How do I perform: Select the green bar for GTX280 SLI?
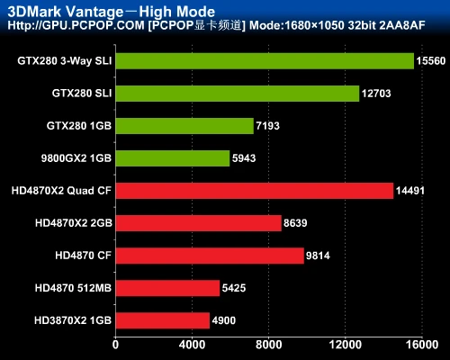(237, 94)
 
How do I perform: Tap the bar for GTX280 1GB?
(184, 126)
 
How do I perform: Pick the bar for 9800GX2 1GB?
(173, 158)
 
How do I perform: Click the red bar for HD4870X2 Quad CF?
(254, 191)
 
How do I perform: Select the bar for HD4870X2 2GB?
(198, 223)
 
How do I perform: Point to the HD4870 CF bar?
(210, 256)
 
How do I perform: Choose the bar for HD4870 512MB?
(167, 288)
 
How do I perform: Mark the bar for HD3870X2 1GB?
(162, 320)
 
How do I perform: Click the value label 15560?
(427, 61)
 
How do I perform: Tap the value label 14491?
(410, 191)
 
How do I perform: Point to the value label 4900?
(224, 320)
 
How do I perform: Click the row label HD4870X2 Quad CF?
(60, 191)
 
